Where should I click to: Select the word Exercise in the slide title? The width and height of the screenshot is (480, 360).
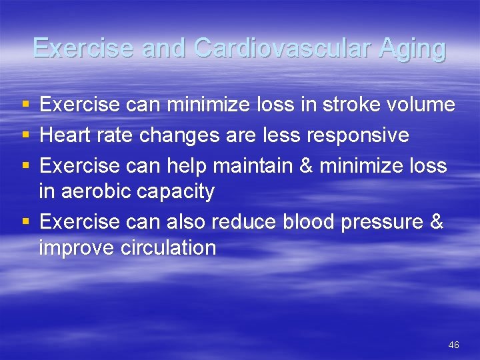click(73, 49)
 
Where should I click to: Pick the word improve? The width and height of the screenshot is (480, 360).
click(77, 249)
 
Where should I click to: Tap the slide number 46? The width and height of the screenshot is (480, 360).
click(453, 345)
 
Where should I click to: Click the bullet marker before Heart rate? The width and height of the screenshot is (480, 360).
click(25, 135)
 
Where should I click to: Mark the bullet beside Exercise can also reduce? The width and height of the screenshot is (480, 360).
click(25, 221)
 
